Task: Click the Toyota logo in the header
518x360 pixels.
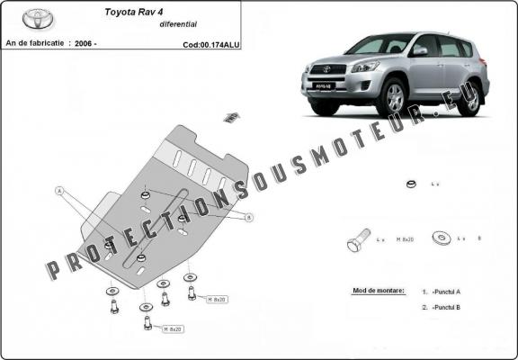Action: coord(38,19)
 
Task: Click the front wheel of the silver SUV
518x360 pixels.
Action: coord(393,98)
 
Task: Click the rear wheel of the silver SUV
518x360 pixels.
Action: coord(468,96)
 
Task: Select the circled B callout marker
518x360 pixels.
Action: coord(248,217)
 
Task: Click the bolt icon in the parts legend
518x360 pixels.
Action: coord(357,240)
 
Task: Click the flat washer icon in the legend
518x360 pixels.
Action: coord(442,238)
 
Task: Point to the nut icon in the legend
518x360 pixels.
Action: coord(410,184)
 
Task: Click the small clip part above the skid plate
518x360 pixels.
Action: coord(231,116)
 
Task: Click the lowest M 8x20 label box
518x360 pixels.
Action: coord(172,329)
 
